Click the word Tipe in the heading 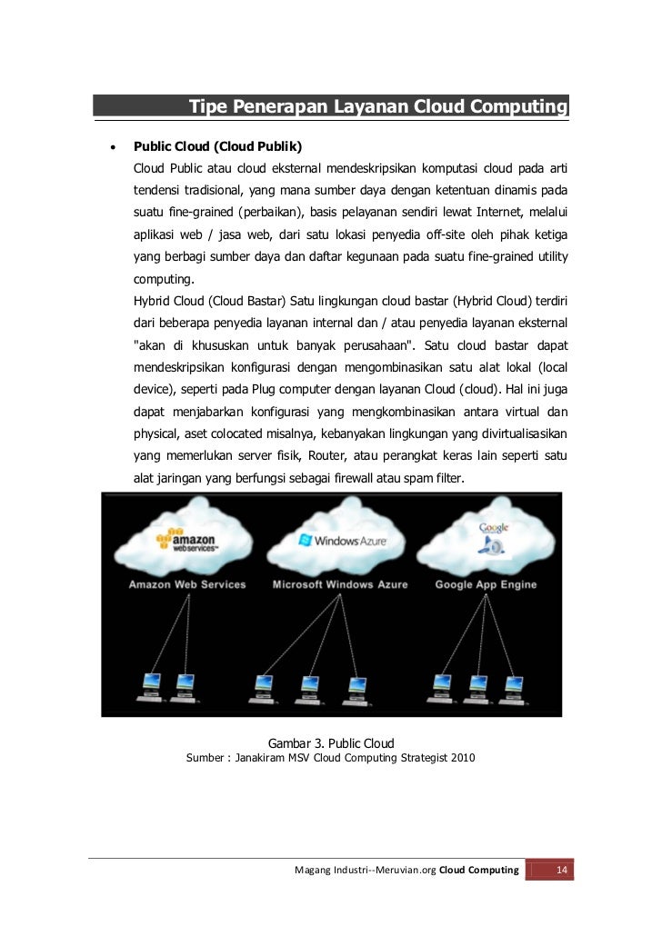(x=208, y=107)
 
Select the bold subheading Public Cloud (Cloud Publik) (x=218, y=146)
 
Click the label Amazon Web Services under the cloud (x=187, y=584)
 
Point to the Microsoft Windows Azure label (x=340, y=584)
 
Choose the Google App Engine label (x=486, y=584)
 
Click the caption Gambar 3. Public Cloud (x=331, y=742)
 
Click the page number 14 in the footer (x=562, y=871)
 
